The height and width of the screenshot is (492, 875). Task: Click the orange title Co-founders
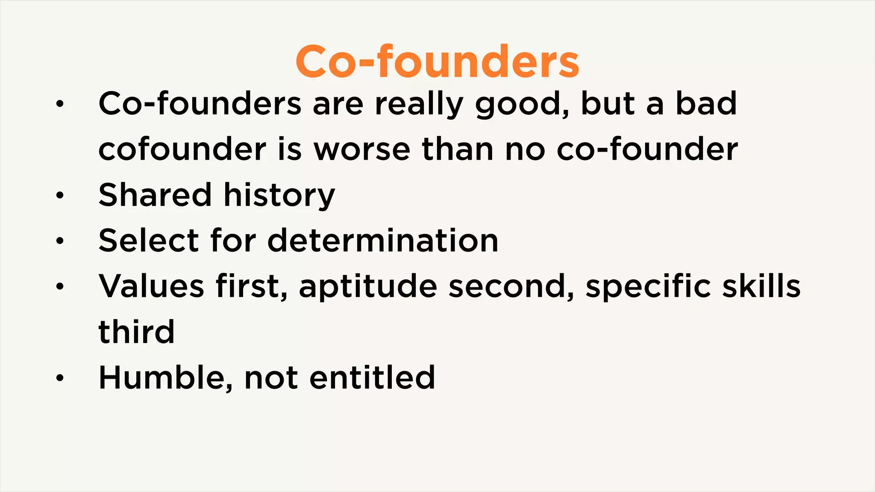(437, 62)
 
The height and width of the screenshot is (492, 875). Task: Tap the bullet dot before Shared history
(60, 196)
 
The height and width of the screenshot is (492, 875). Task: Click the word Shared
(155, 195)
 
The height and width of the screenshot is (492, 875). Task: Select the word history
(279, 196)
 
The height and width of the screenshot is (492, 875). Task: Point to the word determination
(383, 240)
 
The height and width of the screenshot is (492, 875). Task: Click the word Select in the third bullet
(148, 240)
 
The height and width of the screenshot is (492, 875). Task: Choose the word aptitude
(368, 287)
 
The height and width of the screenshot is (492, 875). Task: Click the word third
(136, 331)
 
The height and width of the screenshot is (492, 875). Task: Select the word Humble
(165, 378)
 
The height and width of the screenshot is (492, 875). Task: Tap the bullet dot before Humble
(60, 378)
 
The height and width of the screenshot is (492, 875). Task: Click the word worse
(362, 149)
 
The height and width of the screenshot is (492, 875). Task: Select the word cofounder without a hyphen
(182, 149)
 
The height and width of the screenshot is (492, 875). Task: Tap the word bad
(706, 104)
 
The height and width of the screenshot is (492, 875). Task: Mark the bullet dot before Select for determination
(60, 241)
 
